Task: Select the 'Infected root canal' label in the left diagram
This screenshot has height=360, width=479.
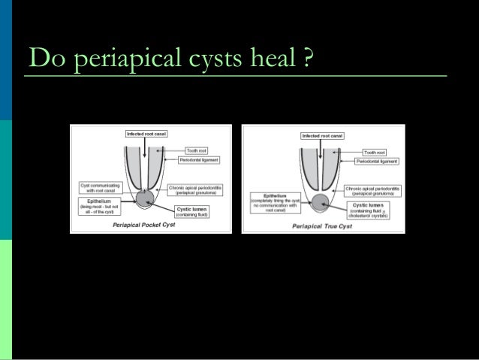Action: tap(146, 133)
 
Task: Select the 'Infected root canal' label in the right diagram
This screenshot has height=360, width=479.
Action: tap(321, 136)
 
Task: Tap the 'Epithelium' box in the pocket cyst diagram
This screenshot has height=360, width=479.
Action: tap(95, 206)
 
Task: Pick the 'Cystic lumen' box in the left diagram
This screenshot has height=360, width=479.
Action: tap(190, 210)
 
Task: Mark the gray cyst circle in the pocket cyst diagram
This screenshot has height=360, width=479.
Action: tap(144, 198)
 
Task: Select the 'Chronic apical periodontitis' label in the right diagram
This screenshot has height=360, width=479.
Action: tap(373, 191)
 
